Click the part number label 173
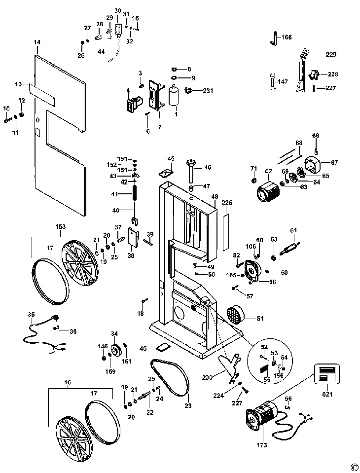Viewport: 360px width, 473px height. pos(261,445)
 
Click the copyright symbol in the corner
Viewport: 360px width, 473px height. pos(353,466)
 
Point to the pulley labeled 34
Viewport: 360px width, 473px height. pos(114,351)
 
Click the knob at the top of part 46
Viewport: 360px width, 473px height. pos(190,162)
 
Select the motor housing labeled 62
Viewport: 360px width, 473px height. pos(266,192)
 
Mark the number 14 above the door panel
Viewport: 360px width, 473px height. pos(37,42)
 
